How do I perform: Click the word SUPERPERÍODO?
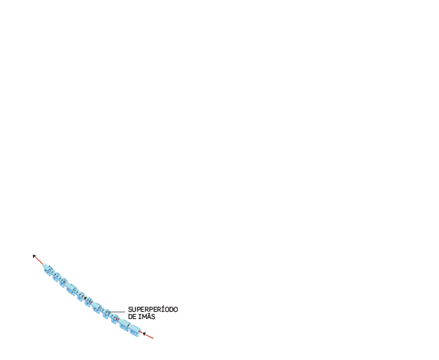153,310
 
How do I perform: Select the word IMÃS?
147,316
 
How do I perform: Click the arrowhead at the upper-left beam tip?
35,256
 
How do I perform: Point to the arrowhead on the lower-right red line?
144,333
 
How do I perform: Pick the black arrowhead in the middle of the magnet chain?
86,298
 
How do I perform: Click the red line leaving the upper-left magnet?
39,260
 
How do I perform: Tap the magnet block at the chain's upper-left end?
47,269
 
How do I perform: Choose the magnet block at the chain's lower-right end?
135,330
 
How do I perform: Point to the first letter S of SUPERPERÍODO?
130,310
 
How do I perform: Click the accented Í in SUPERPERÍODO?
160,309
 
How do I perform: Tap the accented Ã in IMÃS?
149,316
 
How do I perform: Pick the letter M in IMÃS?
145,317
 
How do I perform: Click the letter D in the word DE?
130,317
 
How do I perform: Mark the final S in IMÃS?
153,317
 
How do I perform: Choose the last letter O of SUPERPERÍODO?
176,310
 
